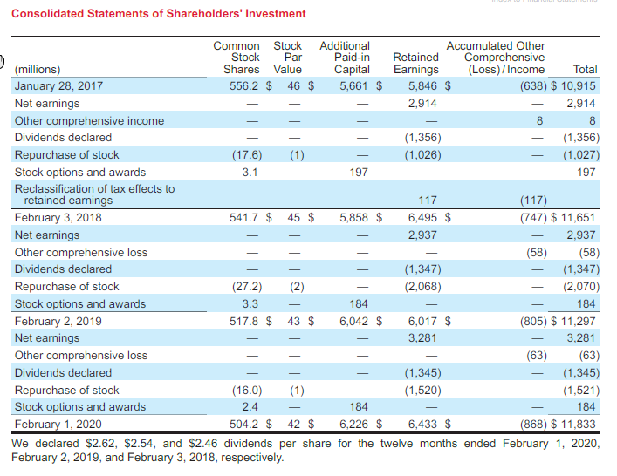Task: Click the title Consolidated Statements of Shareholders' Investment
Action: [159, 14]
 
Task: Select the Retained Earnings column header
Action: [415, 64]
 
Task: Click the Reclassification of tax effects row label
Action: [94, 194]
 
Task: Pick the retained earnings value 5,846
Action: [423, 85]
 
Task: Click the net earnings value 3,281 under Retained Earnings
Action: [423, 338]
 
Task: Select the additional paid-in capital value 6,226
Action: [357, 425]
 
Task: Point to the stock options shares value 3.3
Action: [249, 304]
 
